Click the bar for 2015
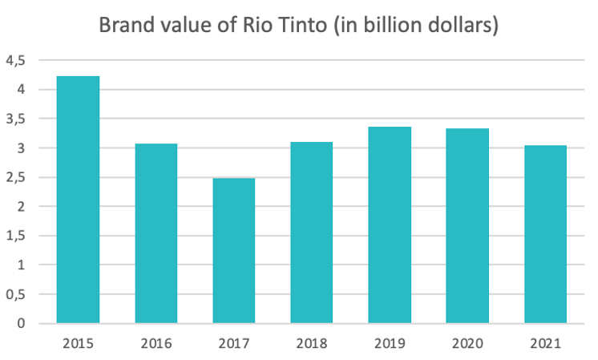[x=78, y=200]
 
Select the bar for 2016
[x=156, y=233]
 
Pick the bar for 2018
[x=311, y=233]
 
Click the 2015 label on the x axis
[x=78, y=343]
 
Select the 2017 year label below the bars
[x=233, y=343]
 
